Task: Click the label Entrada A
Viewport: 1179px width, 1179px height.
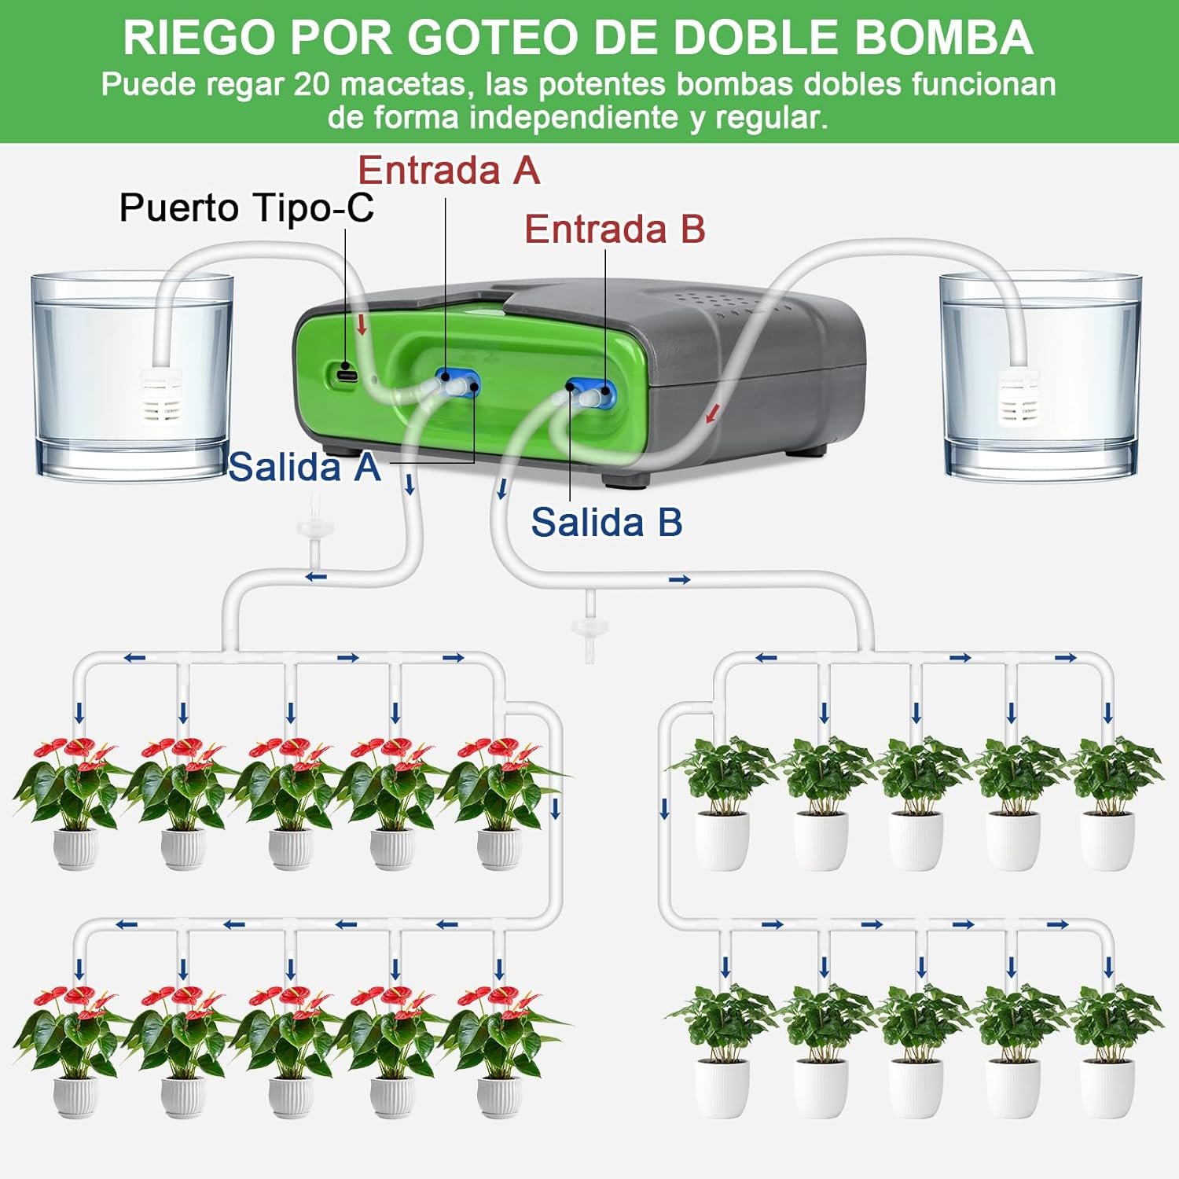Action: [449, 170]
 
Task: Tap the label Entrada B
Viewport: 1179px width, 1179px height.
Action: [615, 229]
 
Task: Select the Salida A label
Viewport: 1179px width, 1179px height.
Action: [305, 467]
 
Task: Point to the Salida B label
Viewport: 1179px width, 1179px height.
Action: [607, 522]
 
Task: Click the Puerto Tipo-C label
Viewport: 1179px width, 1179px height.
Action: [246, 208]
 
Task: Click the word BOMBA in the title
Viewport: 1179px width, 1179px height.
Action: [943, 38]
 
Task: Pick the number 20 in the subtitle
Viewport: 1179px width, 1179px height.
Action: [312, 84]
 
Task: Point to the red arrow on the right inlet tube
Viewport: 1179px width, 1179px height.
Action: [713, 411]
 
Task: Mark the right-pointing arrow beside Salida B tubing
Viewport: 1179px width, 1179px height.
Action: [679, 580]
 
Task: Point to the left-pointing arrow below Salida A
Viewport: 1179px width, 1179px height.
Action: [316, 577]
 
